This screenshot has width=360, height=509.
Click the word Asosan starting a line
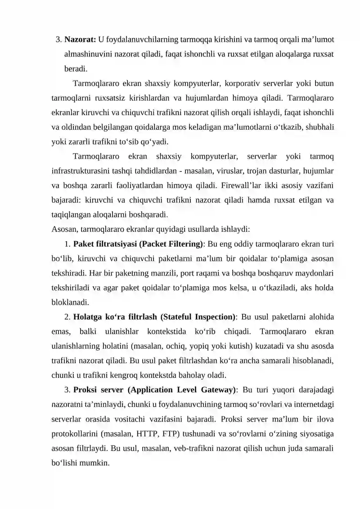coord(65,230)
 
